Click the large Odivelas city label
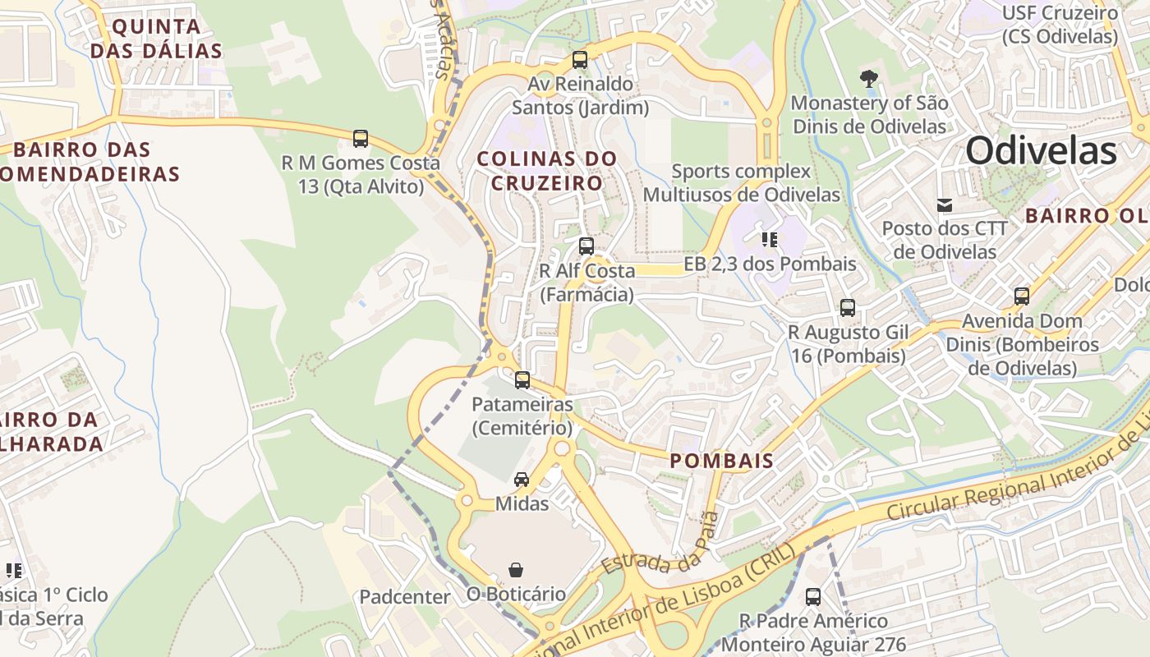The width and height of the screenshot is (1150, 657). click(1041, 151)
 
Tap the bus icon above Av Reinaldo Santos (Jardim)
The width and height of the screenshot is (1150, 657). click(580, 60)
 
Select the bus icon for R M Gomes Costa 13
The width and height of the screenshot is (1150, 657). click(361, 139)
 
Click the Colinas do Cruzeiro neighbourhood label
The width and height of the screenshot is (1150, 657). click(547, 170)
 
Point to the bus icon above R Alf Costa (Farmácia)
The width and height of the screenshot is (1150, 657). click(586, 246)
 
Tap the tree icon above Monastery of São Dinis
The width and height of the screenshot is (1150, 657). click(868, 80)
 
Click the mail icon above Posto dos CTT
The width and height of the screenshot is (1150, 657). click(945, 204)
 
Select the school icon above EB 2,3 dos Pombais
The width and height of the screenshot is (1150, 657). click(770, 240)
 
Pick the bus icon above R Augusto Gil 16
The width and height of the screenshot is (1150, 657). click(848, 308)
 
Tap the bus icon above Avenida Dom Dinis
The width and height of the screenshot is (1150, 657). click(1022, 296)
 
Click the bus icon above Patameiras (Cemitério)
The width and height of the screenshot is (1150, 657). click(522, 380)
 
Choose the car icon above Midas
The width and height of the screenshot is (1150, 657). click(522, 480)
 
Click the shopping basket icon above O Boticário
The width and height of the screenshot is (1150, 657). click(516, 570)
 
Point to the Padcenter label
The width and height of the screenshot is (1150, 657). click(405, 597)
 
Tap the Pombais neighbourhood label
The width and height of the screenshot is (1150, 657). click(722, 461)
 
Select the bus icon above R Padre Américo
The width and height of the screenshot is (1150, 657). click(813, 597)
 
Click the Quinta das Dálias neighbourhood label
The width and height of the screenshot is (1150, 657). click(156, 39)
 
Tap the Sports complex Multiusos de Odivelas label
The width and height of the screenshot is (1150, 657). click(742, 183)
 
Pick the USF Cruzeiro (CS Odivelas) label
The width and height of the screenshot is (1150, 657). click(1060, 25)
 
